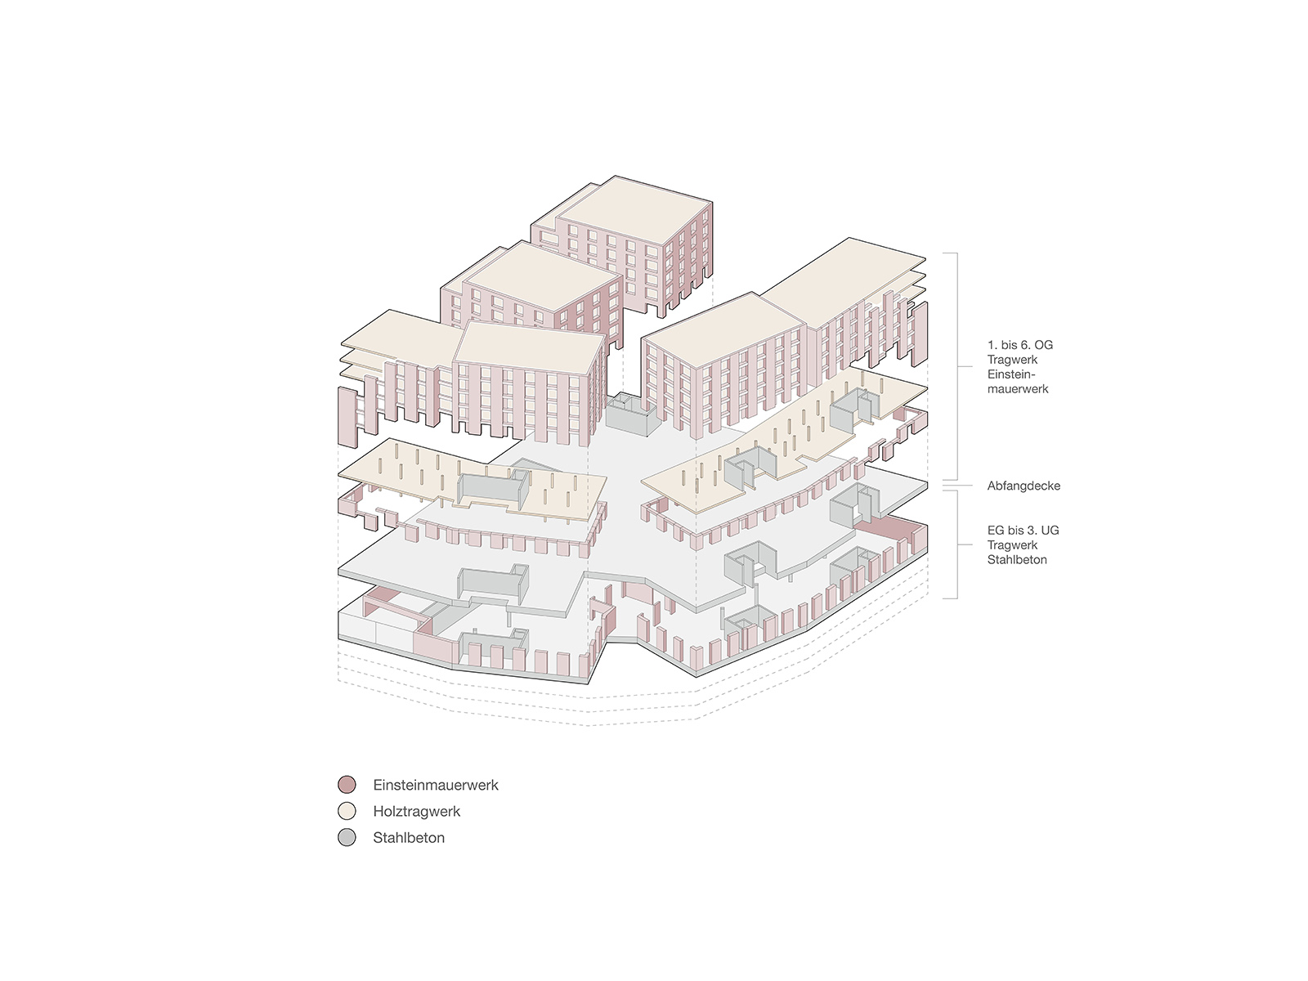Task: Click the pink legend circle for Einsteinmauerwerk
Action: click(x=347, y=785)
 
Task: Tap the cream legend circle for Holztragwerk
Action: click(x=347, y=811)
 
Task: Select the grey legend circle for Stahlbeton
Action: click(x=347, y=837)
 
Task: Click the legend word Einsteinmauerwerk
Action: click(x=436, y=785)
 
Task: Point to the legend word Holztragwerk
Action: click(x=417, y=811)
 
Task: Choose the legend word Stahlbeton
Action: click(x=409, y=837)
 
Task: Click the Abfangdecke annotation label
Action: click(x=1024, y=486)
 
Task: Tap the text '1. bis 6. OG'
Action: click(x=1019, y=345)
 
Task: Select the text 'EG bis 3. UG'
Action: click(x=1023, y=530)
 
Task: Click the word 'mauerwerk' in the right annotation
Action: click(x=1017, y=389)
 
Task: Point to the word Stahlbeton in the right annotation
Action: click(x=1017, y=559)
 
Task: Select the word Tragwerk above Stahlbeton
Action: click(x=1012, y=545)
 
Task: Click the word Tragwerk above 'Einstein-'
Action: click(x=1012, y=360)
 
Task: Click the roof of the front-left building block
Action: click(x=529, y=343)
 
